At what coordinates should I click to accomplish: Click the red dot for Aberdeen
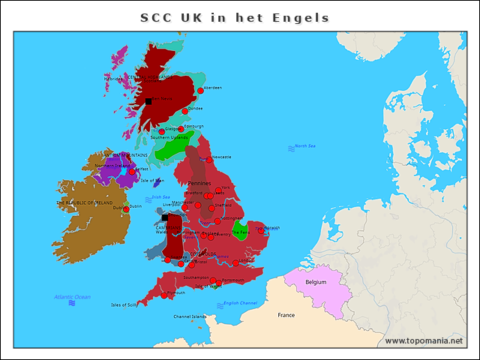[x=200, y=90]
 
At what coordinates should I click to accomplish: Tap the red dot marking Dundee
[x=185, y=111]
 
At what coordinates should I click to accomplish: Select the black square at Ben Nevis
[x=148, y=100]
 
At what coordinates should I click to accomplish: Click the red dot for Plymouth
[x=163, y=295]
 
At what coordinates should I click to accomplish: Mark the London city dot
[x=235, y=262]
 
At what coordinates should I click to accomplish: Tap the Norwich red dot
[x=261, y=231]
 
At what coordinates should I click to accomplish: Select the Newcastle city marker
[x=209, y=160]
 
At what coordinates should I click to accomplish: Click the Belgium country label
[x=316, y=282]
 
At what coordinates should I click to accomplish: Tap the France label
[x=286, y=315]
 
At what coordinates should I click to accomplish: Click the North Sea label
[x=304, y=146]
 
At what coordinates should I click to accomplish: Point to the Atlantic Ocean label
[x=72, y=297]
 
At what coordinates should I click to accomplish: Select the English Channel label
[x=240, y=303]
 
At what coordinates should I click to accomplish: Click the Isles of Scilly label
[x=124, y=305]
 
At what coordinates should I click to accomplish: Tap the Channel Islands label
[x=190, y=316]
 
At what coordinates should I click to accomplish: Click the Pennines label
[x=199, y=183]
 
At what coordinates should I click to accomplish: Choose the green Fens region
[x=241, y=229]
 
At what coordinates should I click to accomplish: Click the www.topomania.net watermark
[x=424, y=341]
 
